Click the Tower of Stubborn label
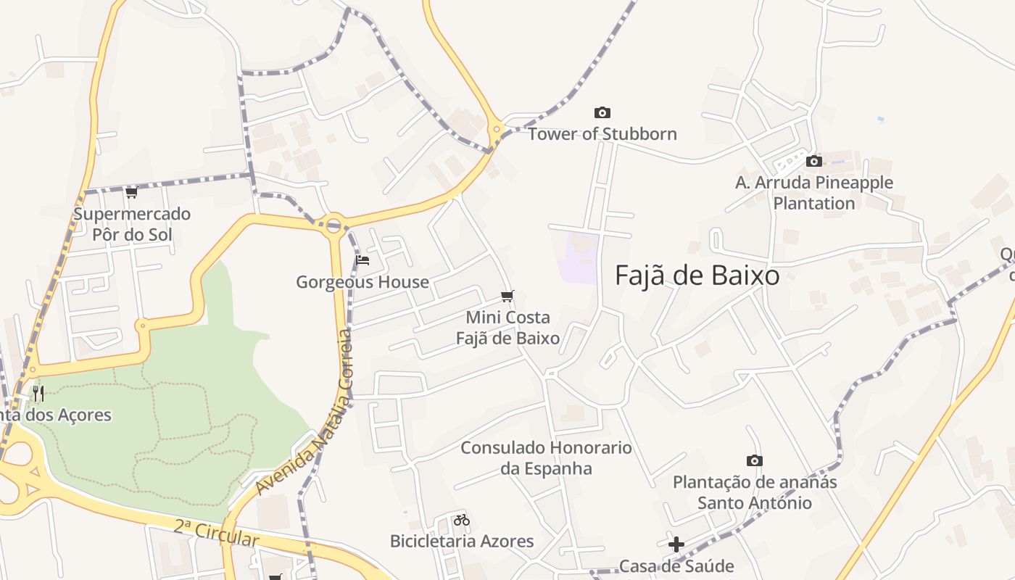602,134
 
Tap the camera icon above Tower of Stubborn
602,112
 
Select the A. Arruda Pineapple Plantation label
813,193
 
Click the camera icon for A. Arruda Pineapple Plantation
814,161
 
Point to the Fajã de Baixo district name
697,275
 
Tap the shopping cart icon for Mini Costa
507,296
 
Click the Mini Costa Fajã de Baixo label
507,328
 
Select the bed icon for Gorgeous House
362,260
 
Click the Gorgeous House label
362,282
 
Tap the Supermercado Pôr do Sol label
132,224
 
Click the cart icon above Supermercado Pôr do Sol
131,192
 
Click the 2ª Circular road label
215,534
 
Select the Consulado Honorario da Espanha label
546,458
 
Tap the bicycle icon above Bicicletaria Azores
462,520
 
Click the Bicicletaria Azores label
462,542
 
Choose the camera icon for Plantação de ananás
755,460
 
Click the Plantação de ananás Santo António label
755,492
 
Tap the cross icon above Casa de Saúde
676,544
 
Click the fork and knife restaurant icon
38,394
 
